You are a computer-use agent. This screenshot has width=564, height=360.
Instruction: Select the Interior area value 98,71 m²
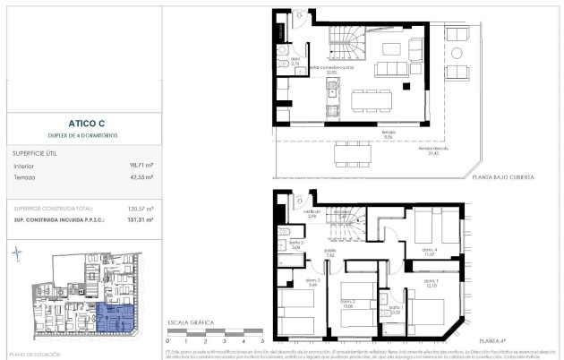click(x=139, y=166)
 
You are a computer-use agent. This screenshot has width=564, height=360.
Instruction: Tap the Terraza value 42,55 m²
click(x=139, y=178)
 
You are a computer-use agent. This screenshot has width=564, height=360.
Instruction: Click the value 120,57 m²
click(x=138, y=208)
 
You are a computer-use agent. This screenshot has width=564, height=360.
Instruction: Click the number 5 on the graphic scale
click(x=261, y=341)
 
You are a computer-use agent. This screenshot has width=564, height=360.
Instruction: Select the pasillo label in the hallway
click(x=329, y=253)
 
